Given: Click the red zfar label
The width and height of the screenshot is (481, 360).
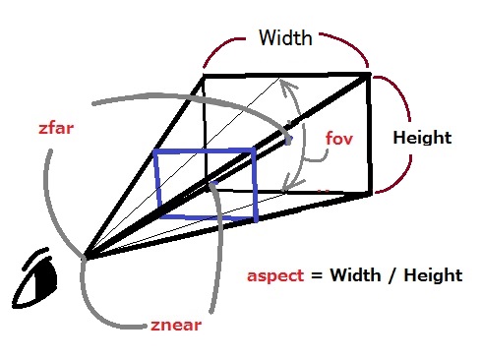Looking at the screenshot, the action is tap(56, 128).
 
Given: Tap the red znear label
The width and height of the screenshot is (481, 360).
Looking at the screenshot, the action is tap(176, 326).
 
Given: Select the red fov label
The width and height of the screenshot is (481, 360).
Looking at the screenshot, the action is tap(339, 139).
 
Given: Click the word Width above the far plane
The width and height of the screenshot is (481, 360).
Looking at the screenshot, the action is tap(285, 37).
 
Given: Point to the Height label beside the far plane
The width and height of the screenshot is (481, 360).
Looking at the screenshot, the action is tap(422, 138).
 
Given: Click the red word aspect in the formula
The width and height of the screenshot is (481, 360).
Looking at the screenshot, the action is tap(275, 275).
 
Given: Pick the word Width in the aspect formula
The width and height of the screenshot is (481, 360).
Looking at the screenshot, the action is tap(355, 274).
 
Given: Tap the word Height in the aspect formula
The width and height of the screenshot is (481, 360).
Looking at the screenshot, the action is tap(433, 274).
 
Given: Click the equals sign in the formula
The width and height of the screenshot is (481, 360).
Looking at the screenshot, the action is tap(317, 275).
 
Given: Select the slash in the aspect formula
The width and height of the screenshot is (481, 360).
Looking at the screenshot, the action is tap(392, 274).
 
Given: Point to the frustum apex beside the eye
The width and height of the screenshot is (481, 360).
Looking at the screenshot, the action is tap(85, 259).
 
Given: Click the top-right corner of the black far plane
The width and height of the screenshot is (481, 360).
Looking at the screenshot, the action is tap(369, 74).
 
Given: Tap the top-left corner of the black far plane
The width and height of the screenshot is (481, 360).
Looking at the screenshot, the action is tap(204, 77).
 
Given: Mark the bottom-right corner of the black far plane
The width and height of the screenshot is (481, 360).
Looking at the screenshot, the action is tap(371, 194).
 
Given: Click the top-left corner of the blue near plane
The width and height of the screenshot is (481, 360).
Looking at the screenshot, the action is tap(155, 151).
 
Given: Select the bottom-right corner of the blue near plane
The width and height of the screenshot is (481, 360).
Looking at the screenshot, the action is tap(256, 219).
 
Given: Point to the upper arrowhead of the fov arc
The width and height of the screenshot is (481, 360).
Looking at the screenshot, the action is tap(287, 87).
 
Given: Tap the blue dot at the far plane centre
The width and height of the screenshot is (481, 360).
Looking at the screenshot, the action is tap(288, 141).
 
